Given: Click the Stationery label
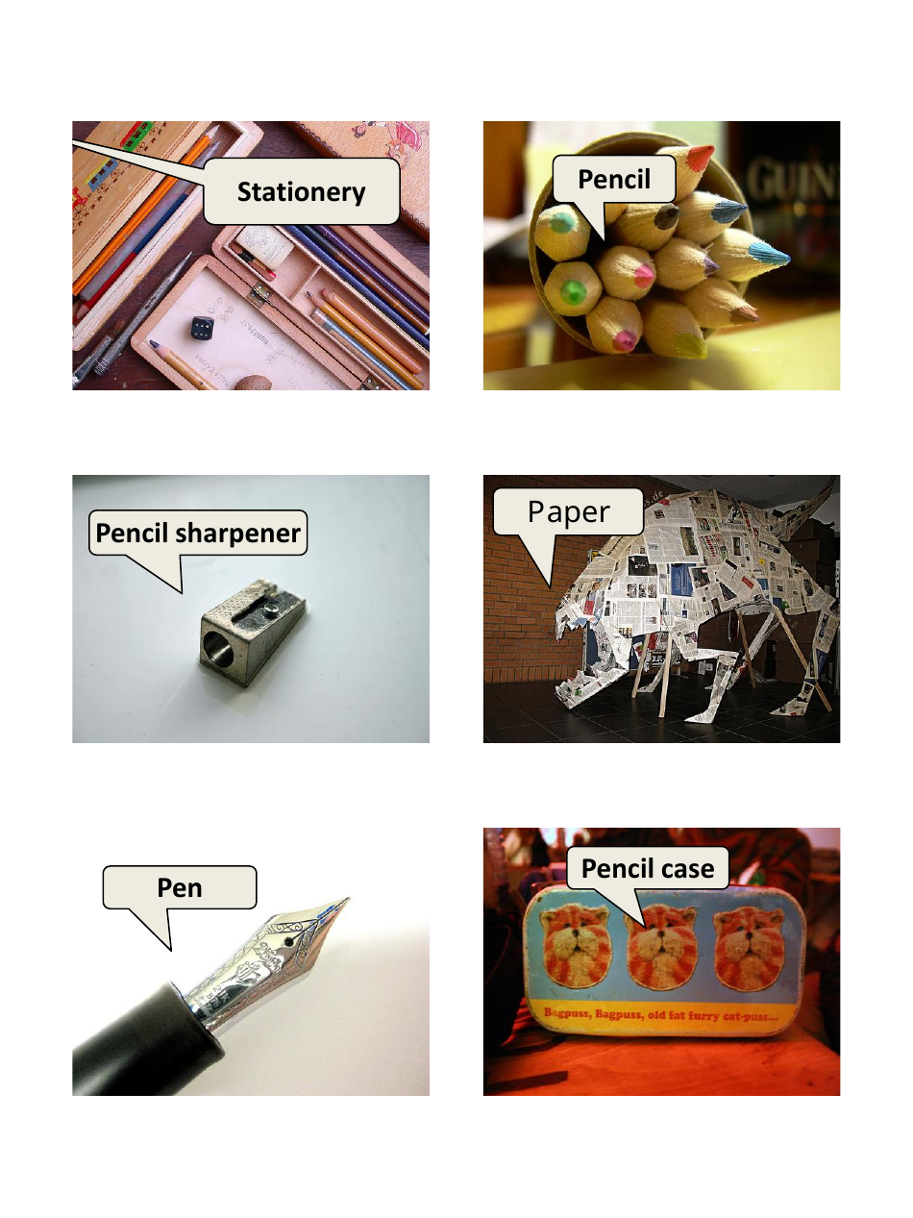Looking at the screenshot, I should click(x=301, y=191).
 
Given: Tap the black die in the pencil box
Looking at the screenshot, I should click(x=203, y=328).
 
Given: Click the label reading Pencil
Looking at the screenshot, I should click(x=614, y=180).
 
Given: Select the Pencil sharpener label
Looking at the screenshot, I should click(x=198, y=532).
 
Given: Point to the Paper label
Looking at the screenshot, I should click(x=568, y=511).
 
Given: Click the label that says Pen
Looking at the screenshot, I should click(x=180, y=886).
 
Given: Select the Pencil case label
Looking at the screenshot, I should click(x=648, y=869).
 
